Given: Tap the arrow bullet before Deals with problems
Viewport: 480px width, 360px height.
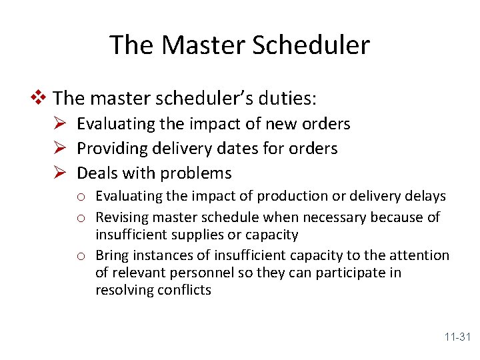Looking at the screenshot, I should [x=60, y=173].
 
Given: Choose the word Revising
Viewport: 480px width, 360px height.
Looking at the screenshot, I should [x=122, y=217].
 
